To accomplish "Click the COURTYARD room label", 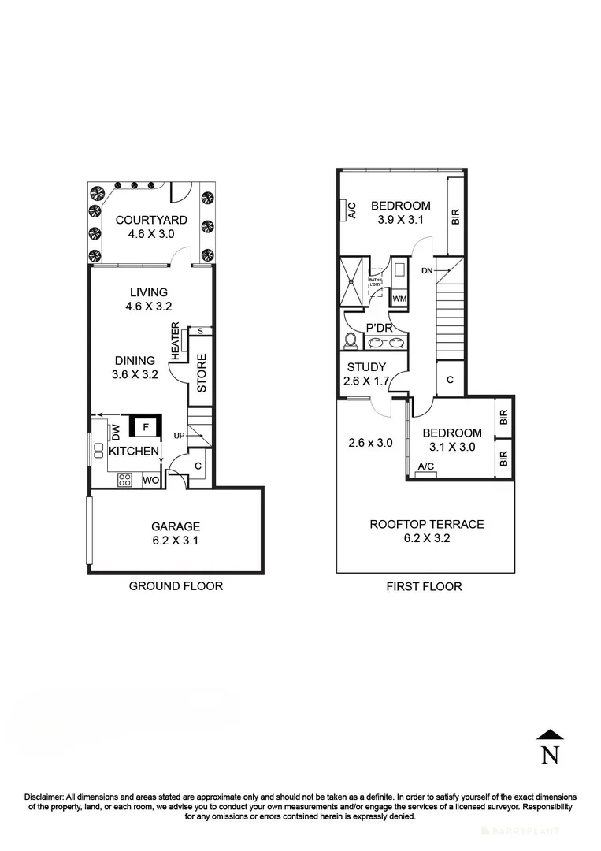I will pyautogui.click(x=151, y=220).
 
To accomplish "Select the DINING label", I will pyautogui.click(x=135, y=361).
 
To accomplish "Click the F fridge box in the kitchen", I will pyautogui.click(x=145, y=428).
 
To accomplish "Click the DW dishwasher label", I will pyautogui.click(x=115, y=432).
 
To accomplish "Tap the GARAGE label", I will pyautogui.click(x=176, y=526).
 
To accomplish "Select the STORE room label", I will pyautogui.click(x=201, y=374).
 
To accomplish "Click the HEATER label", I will pyautogui.click(x=176, y=341).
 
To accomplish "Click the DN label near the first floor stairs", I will pyautogui.click(x=428, y=270).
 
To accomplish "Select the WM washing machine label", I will pyautogui.click(x=399, y=299).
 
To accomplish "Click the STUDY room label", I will pyautogui.click(x=366, y=367).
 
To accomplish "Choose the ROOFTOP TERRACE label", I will pyautogui.click(x=426, y=524).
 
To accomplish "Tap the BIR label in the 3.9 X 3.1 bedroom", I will pyautogui.click(x=455, y=217).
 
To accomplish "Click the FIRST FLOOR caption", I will pyautogui.click(x=424, y=586).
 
